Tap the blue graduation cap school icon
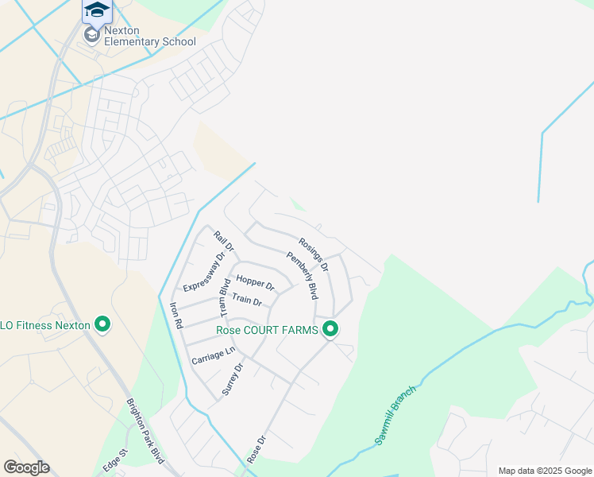tap(96, 10)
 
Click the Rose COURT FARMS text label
tap(268, 330)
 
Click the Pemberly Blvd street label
tap(302, 275)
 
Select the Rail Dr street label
tap(225, 242)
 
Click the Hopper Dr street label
tap(255, 283)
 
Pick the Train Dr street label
tap(247, 300)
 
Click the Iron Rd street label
tap(176, 315)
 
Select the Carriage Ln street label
tap(214, 356)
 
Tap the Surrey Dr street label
tap(232, 378)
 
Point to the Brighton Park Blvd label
tap(145, 430)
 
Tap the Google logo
tap(26, 467)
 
